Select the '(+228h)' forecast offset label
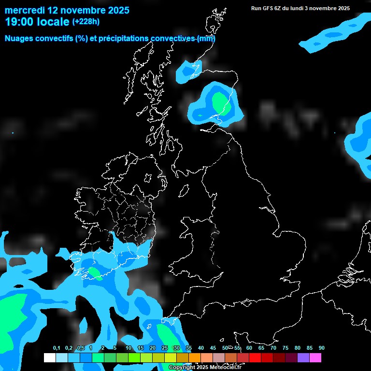click(86, 22)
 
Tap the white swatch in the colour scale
click(49, 358)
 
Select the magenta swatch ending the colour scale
click(315, 358)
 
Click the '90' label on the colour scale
click(321, 348)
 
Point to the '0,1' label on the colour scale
click(57, 348)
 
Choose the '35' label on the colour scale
click(188, 348)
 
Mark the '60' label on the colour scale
click(249, 348)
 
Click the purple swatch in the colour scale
click(303, 358)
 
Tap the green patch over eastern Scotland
click(219, 101)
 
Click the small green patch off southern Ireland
click(95, 274)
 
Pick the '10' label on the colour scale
click(128, 348)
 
